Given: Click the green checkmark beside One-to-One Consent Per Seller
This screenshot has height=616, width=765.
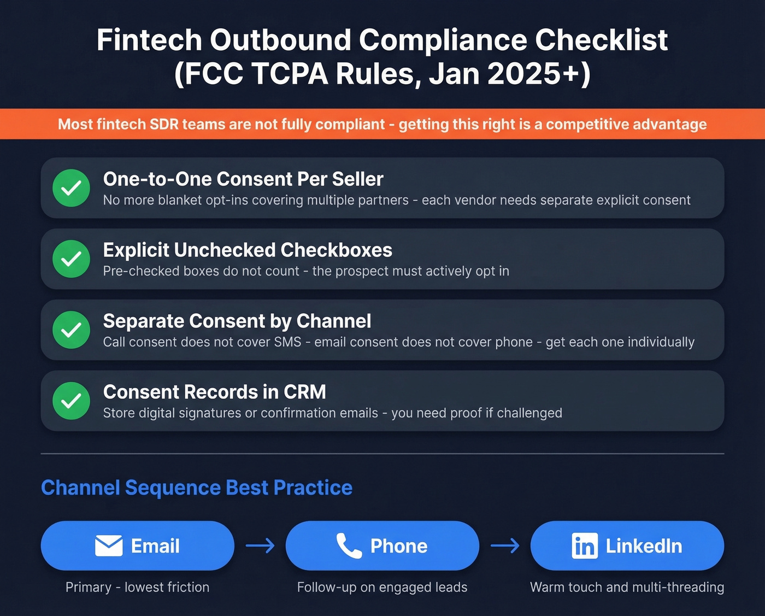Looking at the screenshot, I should (x=71, y=188).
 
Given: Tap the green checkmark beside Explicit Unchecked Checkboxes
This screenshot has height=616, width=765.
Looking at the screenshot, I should (x=71, y=259).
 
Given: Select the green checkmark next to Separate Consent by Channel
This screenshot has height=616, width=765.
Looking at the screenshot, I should (x=71, y=330).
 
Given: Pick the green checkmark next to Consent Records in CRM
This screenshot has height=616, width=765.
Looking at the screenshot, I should (x=71, y=401).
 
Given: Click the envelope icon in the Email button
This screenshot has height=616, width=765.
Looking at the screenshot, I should (x=109, y=545).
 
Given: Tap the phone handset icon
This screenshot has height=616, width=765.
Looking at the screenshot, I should (x=349, y=545).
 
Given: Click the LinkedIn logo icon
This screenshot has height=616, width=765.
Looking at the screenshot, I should (x=585, y=545).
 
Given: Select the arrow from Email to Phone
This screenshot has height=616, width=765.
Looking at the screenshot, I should (x=260, y=545).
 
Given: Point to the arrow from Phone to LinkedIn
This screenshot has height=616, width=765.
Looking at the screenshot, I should (x=505, y=545).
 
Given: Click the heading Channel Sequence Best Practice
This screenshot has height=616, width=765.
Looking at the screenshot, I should (x=197, y=488).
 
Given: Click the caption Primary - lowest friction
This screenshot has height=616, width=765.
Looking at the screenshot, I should (x=137, y=587).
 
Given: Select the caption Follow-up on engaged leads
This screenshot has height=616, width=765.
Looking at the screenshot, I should (x=382, y=587).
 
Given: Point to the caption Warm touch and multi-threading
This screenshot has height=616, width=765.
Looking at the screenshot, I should (x=627, y=587).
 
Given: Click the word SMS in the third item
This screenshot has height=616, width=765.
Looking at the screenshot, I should (x=288, y=342).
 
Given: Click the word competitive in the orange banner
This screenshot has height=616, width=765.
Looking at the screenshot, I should (x=585, y=125).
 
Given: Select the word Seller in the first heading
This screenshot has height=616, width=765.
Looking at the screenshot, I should (x=358, y=179).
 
